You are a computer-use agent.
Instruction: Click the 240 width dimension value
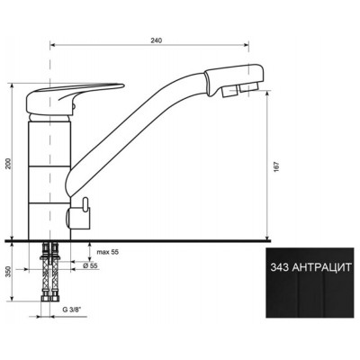coord(157,40)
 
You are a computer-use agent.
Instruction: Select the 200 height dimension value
coord(9,163)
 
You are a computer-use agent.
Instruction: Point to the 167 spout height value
coord(276,167)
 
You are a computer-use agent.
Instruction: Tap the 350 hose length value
coord(9,272)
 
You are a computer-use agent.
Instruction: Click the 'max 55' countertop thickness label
coord(108,252)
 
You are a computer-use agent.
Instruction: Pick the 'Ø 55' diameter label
coord(90,265)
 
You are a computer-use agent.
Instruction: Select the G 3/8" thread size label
coord(73,310)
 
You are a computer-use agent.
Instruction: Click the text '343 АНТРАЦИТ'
coord(310,267)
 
